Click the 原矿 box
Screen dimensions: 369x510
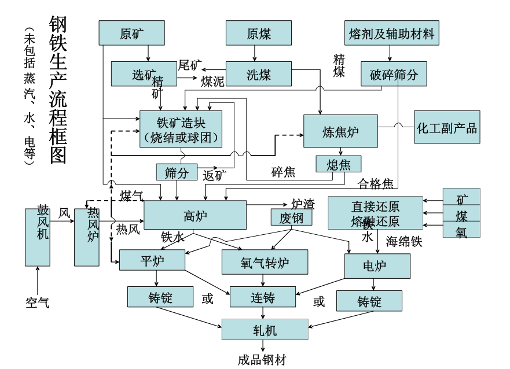[131, 33]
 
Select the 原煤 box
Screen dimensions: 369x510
[258, 33]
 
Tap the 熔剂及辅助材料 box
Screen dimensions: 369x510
[391, 33]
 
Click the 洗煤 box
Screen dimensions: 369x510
[258, 74]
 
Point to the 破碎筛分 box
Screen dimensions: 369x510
[394, 74]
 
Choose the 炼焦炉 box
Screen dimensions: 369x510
[340, 131]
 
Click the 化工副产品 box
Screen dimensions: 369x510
[447, 127]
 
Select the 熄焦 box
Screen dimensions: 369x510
[339, 164]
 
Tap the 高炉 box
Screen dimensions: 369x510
[195, 215]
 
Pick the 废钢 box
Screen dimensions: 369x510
[291, 217]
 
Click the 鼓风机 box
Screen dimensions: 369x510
[38, 237]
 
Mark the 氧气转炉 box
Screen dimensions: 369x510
[265, 262]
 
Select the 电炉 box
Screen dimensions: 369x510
[377, 265]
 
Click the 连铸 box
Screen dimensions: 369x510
[262, 297]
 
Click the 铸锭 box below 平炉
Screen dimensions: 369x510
[160, 297]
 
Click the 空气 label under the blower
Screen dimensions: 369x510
[38, 302]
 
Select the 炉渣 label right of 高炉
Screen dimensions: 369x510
[303, 204]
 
